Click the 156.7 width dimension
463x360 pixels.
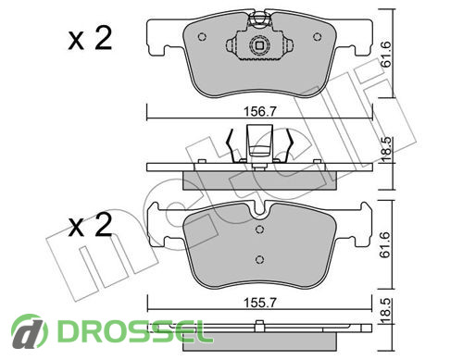259,111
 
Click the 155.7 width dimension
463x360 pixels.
259,303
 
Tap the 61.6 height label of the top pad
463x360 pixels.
386,55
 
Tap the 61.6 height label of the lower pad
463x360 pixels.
386,245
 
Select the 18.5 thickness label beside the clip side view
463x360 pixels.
386,150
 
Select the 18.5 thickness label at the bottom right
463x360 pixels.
386,311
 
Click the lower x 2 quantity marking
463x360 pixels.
90,225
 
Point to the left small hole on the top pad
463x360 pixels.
202,37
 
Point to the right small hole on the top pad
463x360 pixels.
318,37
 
